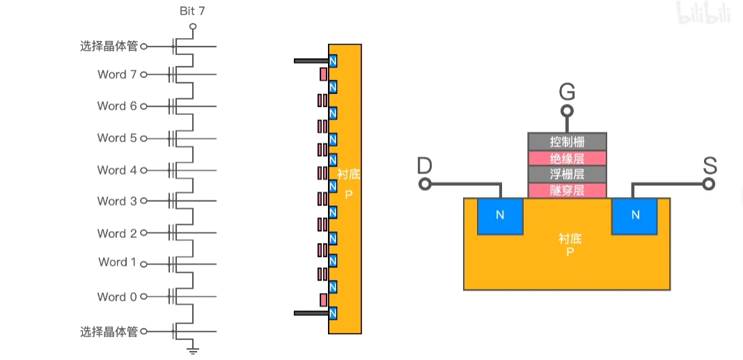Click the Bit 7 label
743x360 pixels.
click(x=193, y=10)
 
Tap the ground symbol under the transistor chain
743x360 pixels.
click(x=194, y=350)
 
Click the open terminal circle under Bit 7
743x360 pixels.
click(x=193, y=26)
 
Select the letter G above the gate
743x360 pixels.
click(x=568, y=91)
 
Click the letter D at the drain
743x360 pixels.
click(x=424, y=166)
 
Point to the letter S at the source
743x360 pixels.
click(x=710, y=166)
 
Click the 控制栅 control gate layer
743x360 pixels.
click(x=567, y=141)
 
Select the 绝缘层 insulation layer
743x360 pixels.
click(x=567, y=158)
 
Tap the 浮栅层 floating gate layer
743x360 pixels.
click(x=567, y=174)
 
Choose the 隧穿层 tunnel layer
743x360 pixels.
click(x=567, y=190)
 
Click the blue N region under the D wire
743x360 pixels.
click(x=500, y=215)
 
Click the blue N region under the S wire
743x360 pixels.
click(x=635, y=215)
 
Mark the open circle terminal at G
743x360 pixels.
click(x=568, y=111)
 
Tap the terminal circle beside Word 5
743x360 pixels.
click(x=144, y=139)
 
